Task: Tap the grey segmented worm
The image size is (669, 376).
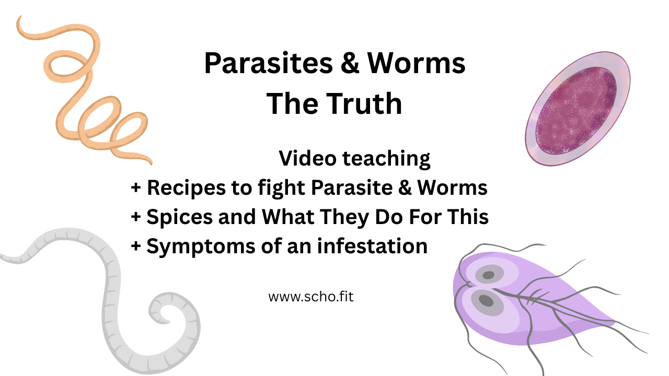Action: pos(112,292)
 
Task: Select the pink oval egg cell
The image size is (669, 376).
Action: pos(577,110)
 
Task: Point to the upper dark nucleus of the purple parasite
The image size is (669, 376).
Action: pos(488,275)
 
